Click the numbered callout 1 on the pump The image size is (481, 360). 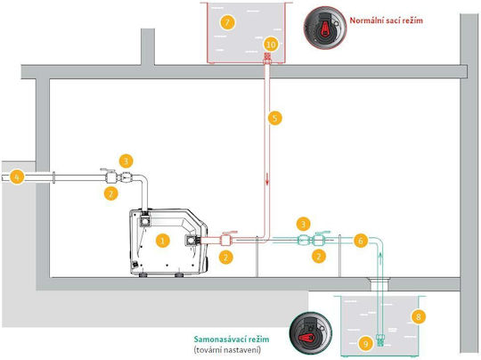163,241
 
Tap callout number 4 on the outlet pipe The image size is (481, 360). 17,177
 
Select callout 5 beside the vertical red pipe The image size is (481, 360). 275,119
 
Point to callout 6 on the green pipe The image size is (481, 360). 361,241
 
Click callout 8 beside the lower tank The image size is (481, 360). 418,316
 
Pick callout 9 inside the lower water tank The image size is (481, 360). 366,344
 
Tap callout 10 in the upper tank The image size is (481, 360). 271,45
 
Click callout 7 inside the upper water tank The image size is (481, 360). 228,22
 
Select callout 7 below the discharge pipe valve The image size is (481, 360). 111,193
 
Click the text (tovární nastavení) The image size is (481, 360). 227,350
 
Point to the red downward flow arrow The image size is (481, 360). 267,179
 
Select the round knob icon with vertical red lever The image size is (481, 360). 325,28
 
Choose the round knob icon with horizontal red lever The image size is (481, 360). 311,333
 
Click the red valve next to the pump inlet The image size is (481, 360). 226,239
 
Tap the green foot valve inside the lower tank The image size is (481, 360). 380,340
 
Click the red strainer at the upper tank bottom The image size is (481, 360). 268,58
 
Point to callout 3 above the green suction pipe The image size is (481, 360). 303,224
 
